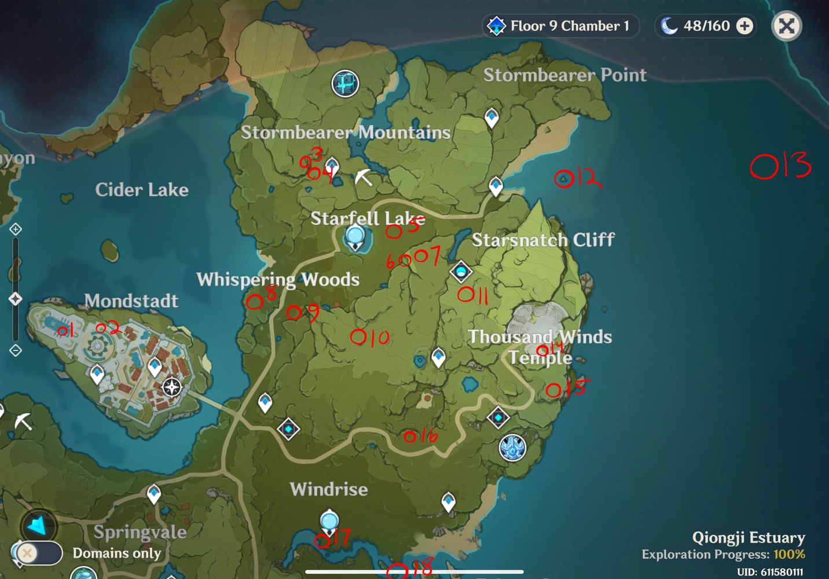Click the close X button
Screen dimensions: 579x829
[x=786, y=26]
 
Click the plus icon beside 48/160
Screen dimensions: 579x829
[x=745, y=26]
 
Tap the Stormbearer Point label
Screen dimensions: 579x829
[x=564, y=75]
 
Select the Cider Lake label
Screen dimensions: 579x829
[x=142, y=189]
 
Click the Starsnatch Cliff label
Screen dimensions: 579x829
[x=542, y=239]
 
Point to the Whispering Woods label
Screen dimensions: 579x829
[x=278, y=279]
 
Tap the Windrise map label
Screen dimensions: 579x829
[x=328, y=489]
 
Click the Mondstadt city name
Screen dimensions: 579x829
[x=131, y=301]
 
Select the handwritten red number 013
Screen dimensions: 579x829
[x=780, y=166]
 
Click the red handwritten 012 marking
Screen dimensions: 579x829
[x=577, y=178]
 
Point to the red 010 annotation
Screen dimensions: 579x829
[x=369, y=337]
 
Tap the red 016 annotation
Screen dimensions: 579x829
[x=420, y=435]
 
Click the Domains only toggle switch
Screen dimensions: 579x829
[x=38, y=553]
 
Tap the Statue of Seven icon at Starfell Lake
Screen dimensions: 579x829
[x=355, y=237]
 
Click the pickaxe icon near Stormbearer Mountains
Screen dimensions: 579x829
[x=364, y=177]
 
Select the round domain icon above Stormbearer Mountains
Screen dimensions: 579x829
[x=345, y=83]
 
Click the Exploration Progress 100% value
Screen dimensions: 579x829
[x=789, y=554]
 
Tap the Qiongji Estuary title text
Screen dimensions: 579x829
[x=748, y=537]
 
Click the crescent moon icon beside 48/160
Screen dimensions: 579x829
[x=669, y=26]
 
